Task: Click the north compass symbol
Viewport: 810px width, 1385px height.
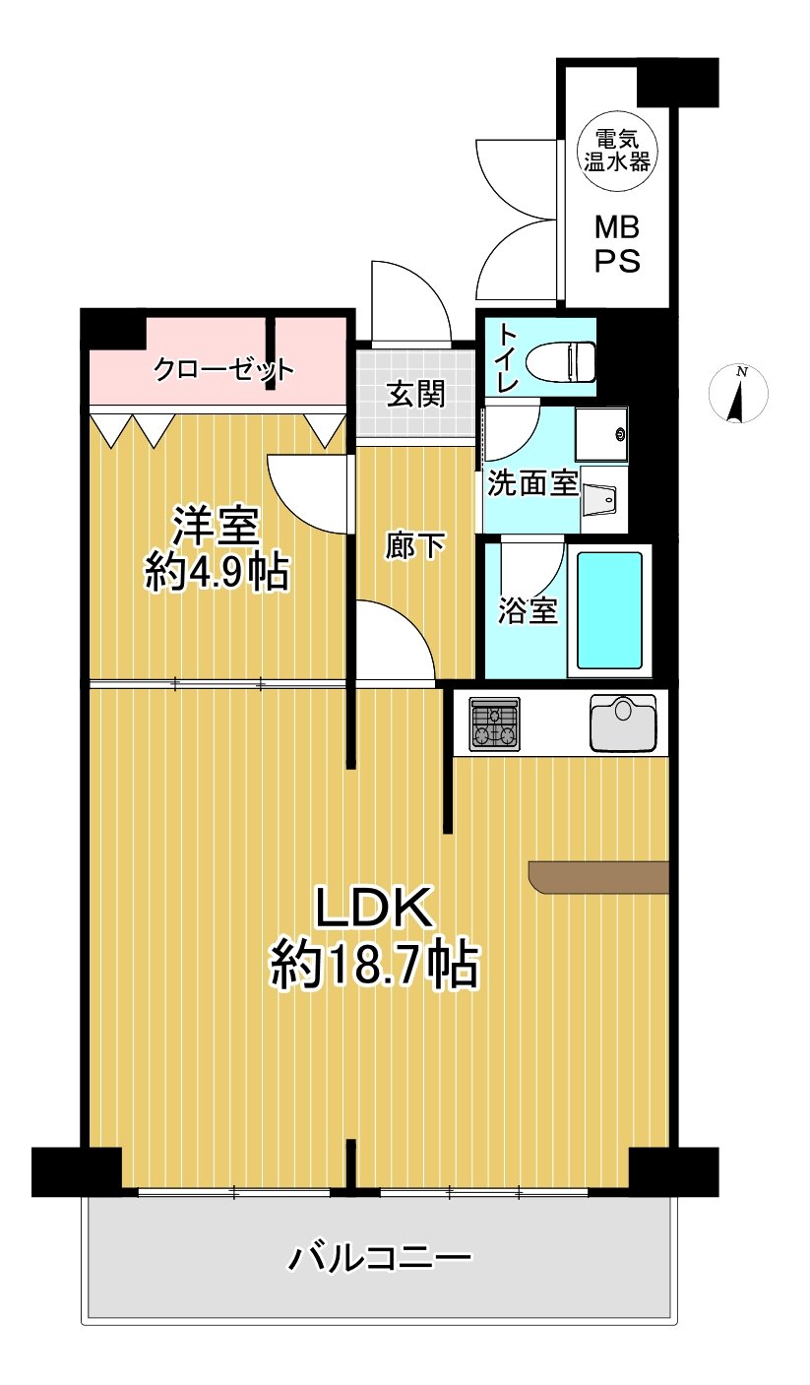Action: click(739, 394)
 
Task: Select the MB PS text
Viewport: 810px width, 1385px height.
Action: click(617, 246)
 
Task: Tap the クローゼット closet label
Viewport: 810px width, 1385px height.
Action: click(224, 371)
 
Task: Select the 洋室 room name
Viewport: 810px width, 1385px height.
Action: click(217, 527)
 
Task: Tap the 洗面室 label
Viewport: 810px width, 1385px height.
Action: click(532, 484)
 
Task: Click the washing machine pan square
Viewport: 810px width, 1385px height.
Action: click(601, 433)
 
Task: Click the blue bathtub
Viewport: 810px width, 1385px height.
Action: click(609, 609)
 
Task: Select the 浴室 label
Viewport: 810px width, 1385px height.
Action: click(529, 611)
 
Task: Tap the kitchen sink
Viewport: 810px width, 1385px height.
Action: click(623, 722)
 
